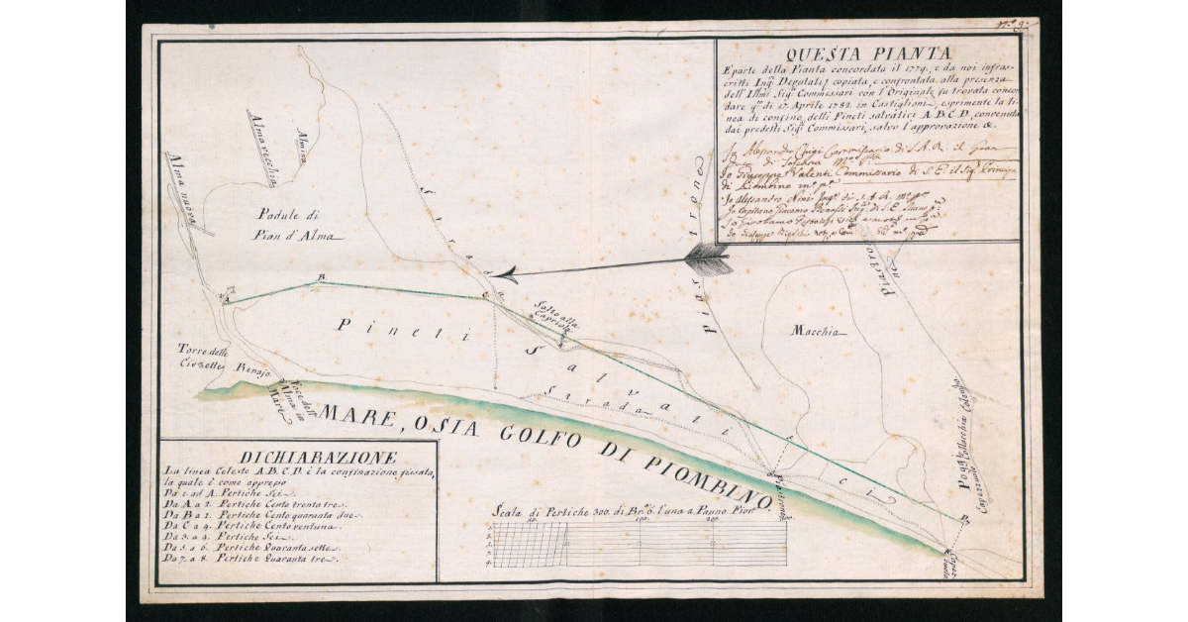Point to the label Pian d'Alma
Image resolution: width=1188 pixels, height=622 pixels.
[x=298, y=236]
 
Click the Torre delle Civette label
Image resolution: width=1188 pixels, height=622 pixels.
[x=205, y=358]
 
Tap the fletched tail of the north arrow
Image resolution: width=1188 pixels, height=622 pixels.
[x=709, y=259]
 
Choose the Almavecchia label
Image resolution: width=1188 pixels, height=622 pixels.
[x=259, y=144]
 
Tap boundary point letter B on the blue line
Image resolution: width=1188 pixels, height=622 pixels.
[x=318, y=276]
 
